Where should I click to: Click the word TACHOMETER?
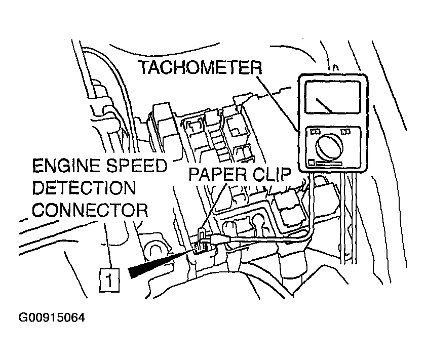coord(200,67)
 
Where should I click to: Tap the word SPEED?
coord(136,166)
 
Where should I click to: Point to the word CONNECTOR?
coord(90,210)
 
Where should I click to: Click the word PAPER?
coord(218,174)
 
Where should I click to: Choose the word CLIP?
coord(272,174)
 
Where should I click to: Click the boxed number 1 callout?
coord(109,280)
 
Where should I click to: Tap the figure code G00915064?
coord(52,317)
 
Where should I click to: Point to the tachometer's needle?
coord(324,105)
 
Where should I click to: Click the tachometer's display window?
coord(333,97)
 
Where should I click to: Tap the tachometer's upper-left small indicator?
coord(315,132)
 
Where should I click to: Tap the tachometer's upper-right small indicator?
coord(345,132)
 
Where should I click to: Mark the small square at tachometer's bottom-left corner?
coord(312,164)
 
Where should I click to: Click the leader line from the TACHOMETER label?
coord(278,104)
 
